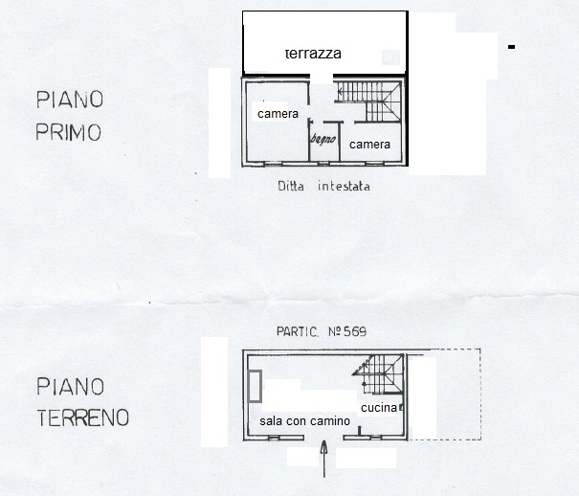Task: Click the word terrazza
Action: pos(313,54)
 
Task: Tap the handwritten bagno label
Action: pos(323,139)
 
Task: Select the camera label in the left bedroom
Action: pos(278,114)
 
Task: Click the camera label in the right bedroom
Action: pos(369,145)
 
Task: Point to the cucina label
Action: pos(379,408)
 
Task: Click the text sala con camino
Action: pos(304,421)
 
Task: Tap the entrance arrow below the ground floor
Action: pos(323,459)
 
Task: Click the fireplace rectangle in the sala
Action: pos(255,386)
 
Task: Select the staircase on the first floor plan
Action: pos(368,101)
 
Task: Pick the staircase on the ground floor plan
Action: pos(378,374)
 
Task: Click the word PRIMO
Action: pos(68,132)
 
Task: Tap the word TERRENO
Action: pos(82,417)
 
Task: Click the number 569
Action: pos(355,331)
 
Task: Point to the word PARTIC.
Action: pos(298,331)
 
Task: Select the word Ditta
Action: pos(291,186)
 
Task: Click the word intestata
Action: pos(344,186)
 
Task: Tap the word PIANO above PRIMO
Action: pos(70,100)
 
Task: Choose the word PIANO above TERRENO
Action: pos(70,386)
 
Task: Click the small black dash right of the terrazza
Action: pos(511,47)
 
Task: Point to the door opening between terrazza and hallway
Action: pos(322,78)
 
